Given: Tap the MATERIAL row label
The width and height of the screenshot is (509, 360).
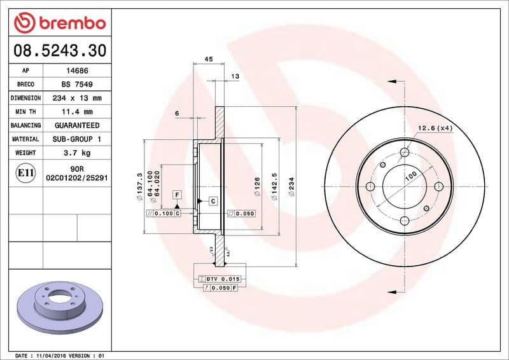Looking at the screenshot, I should (26, 139).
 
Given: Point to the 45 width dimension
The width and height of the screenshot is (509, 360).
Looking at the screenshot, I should (208, 59).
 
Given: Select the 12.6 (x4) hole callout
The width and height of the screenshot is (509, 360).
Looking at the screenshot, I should (435, 128).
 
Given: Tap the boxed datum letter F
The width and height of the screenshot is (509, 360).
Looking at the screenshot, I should (177, 193).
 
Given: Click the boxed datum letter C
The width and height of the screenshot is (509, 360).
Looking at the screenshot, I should (213, 201).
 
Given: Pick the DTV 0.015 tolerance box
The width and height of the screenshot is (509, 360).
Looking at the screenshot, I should (220, 279).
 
